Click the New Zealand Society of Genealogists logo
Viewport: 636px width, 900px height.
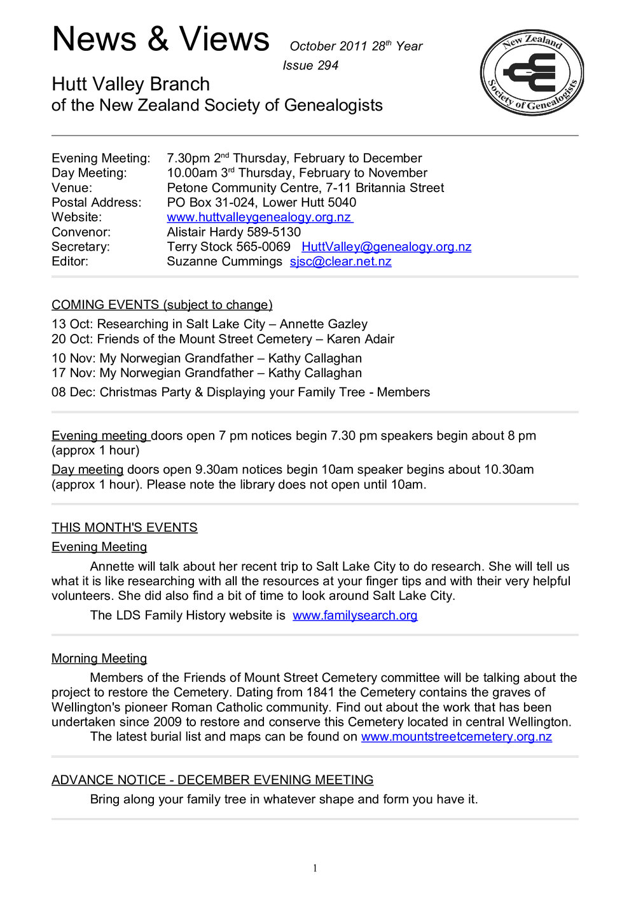532,73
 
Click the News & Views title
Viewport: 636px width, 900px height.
160,39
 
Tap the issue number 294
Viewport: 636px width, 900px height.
328,66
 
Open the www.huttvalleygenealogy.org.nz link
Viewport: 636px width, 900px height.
259,218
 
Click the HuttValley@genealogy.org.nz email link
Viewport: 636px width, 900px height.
386,247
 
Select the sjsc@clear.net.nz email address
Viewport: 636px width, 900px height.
340,261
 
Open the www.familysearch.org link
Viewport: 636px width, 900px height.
355,616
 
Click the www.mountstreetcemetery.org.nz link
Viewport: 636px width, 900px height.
456,737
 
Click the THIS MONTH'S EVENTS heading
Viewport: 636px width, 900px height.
124,528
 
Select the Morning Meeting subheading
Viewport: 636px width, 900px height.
99,659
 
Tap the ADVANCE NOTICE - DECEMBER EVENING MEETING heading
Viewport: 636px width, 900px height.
212,780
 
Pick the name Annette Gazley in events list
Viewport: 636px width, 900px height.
323,324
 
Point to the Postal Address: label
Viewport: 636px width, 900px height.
96,203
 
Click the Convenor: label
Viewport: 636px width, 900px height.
81,232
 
